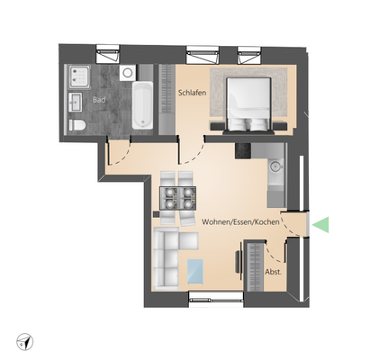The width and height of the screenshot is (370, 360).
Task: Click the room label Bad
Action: coord(97,101)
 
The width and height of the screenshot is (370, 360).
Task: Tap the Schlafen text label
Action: coord(194,93)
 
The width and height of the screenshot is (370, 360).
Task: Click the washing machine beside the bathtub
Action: coord(126,71)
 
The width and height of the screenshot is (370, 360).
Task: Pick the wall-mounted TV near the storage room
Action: coord(238,267)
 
